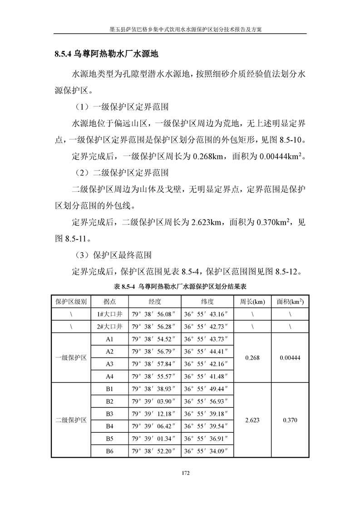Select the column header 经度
coord(155,301)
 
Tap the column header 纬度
coord(207,301)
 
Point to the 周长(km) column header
coord(252,301)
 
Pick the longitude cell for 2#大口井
coord(155,326)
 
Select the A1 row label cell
coord(109,339)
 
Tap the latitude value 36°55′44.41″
coord(207,351)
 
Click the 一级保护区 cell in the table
coord(71,357)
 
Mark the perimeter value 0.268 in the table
coord(252,357)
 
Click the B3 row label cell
coord(109,414)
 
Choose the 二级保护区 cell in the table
coord(71,420)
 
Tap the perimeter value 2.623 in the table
coord(252,420)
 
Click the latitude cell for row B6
coord(207,451)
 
